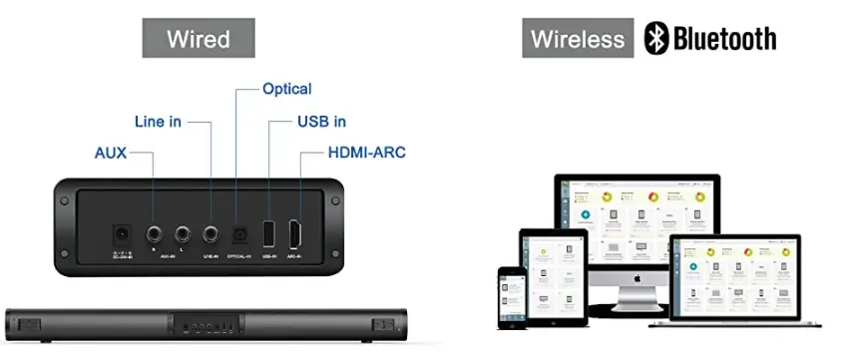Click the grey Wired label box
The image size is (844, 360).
pyautogui.click(x=198, y=39)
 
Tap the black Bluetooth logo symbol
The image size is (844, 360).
pyautogui.click(x=655, y=39)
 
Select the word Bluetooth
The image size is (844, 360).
pyautogui.click(x=724, y=39)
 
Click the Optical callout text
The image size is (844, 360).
pyautogui.click(x=286, y=89)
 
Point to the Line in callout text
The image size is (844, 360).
pyautogui.click(x=158, y=122)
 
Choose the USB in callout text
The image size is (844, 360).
pyautogui.click(x=321, y=122)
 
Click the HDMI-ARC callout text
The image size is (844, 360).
pyautogui.click(x=366, y=154)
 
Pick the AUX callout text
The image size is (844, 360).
pyautogui.click(x=111, y=154)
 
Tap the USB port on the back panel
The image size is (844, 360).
pyautogui.click(x=266, y=233)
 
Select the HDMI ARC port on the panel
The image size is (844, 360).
pyautogui.click(x=295, y=233)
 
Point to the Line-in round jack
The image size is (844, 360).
pyautogui.click(x=211, y=235)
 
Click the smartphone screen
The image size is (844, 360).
pyautogui.click(x=511, y=297)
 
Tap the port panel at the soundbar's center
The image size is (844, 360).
pyautogui.click(x=209, y=325)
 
